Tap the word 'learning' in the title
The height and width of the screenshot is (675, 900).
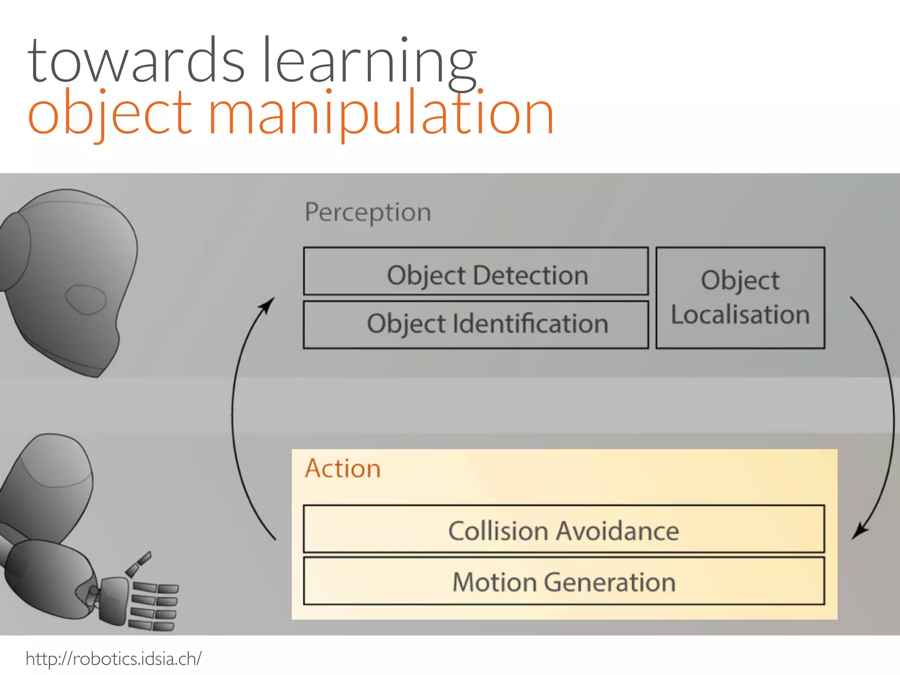coord(369,62)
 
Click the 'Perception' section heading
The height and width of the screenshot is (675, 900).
coord(368,212)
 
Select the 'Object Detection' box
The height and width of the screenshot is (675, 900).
coord(476,271)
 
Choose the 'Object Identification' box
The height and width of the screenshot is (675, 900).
coord(476,324)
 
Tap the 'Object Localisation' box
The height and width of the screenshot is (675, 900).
coord(740,298)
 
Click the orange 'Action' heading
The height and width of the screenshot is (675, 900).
coord(343,468)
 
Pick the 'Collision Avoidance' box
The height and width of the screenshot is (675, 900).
coord(564,529)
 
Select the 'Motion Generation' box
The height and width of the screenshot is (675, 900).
coord(564,581)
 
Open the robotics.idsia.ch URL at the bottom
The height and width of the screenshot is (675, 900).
coord(113,659)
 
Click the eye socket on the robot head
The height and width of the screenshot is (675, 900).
coord(86,300)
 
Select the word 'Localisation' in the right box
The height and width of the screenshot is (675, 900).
coord(740,315)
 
